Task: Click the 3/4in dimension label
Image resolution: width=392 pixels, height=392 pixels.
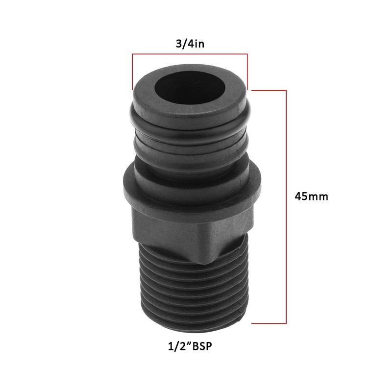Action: [x=190, y=44]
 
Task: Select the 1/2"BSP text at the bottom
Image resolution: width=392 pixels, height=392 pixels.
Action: [x=190, y=347]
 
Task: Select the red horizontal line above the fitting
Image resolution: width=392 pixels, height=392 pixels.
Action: [x=190, y=54]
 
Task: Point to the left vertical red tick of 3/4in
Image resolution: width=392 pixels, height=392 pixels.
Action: [x=132, y=72]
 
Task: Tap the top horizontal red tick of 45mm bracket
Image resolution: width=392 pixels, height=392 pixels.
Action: [x=269, y=90]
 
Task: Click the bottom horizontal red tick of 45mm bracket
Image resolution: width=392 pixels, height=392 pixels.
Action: [x=269, y=323]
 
